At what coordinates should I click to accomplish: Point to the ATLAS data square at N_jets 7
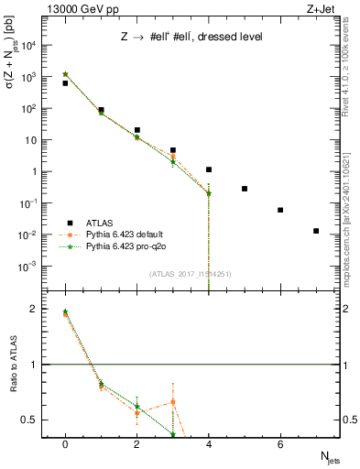click(x=316, y=231)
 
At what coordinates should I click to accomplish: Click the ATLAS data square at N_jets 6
click(x=280, y=210)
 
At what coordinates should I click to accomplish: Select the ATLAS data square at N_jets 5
click(x=245, y=189)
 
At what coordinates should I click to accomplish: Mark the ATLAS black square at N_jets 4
click(x=209, y=169)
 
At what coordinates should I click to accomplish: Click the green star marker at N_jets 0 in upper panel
click(x=65, y=74)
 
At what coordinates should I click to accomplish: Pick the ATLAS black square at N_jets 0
click(x=65, y=83)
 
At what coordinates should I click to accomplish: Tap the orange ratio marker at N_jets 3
click(x=172, y=402)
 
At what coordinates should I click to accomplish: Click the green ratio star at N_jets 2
click(x=136, y=407)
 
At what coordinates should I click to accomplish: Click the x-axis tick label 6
click(x=280, y=445)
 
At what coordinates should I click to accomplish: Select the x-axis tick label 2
click(x=136, y=445)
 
